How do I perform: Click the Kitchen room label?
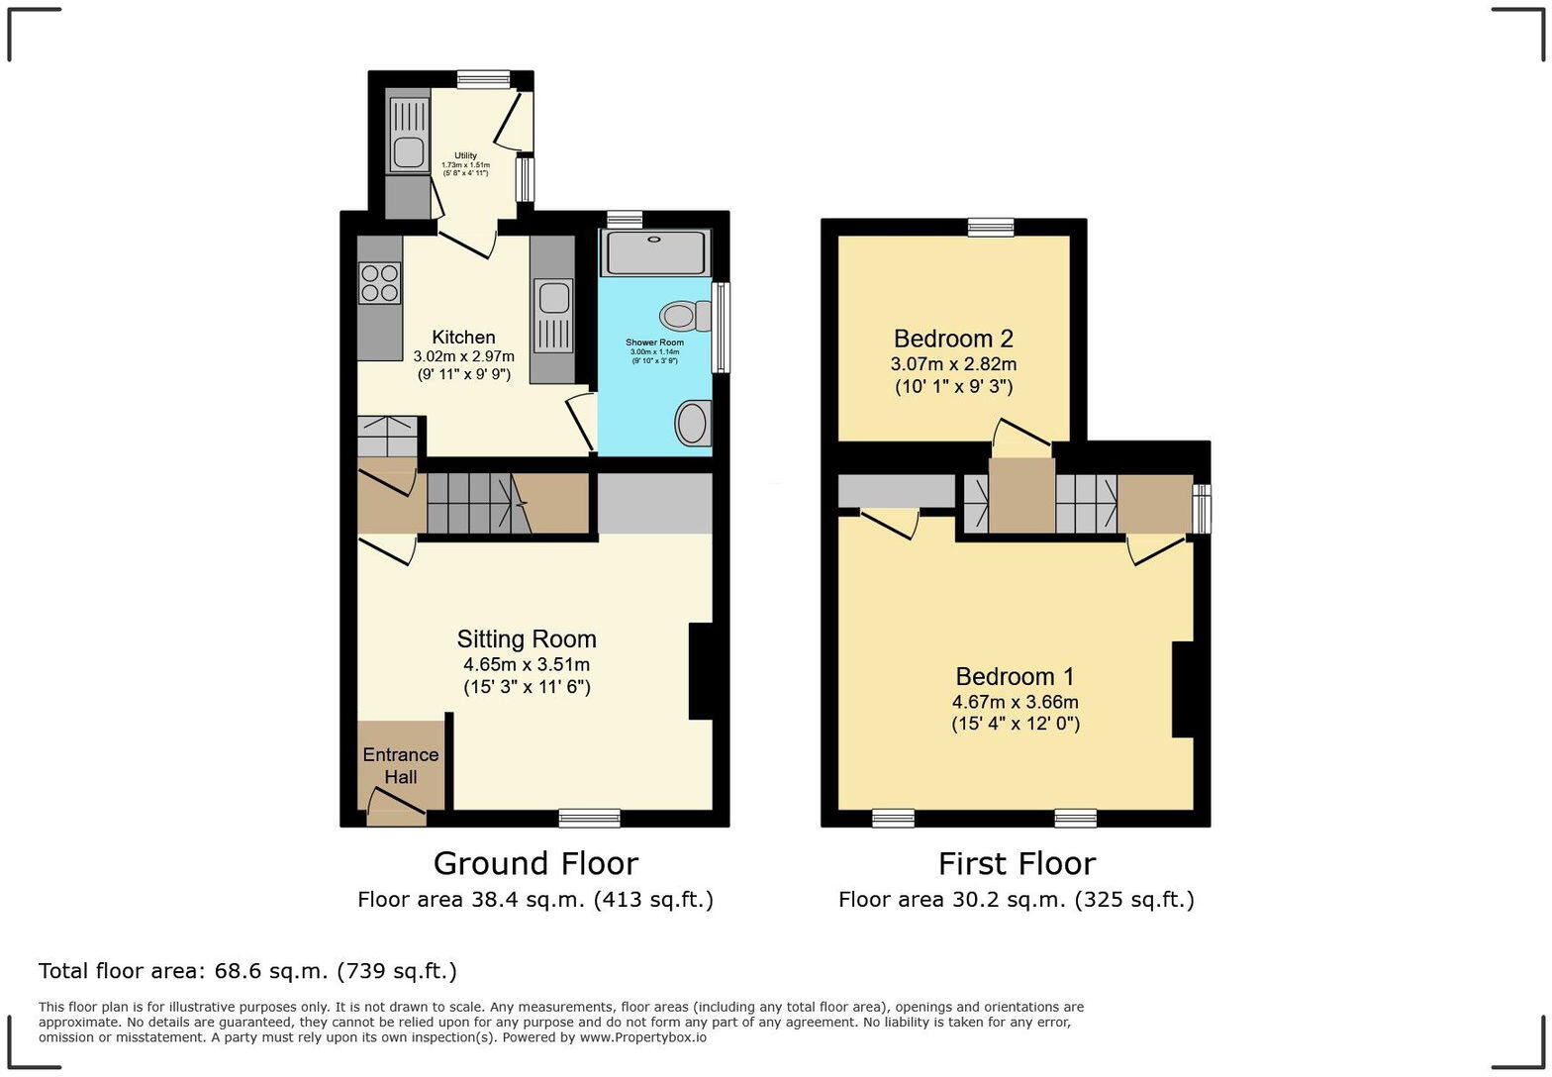[463, 338]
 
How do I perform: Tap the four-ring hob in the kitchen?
[380, 283]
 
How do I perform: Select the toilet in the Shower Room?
[685, 316]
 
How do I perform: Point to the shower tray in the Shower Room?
[655, 252]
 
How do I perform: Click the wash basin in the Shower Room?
[693, 423]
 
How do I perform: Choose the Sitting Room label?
[527, 638]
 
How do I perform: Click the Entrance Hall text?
[401, 765]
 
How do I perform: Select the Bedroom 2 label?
[953, 339]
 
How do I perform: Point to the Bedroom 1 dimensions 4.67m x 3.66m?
[1016, 702]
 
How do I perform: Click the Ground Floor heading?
[535, 863]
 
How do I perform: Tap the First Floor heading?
[1018, 863]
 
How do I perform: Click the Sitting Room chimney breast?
[701, 671]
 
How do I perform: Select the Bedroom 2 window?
[991, 227]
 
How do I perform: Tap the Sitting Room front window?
[590, 819]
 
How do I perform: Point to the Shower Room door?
[581, 423]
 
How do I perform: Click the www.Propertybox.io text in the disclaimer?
[643, 1037]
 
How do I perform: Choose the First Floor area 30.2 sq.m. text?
[1017, 900]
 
